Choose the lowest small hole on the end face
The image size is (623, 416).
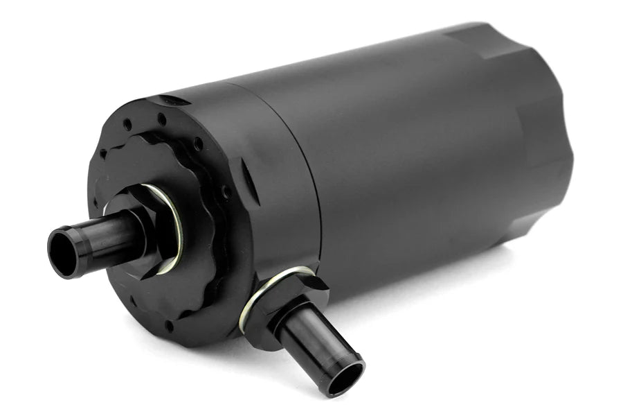click(x=169, y=324)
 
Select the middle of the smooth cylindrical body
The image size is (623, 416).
click(x=422, y=153)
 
